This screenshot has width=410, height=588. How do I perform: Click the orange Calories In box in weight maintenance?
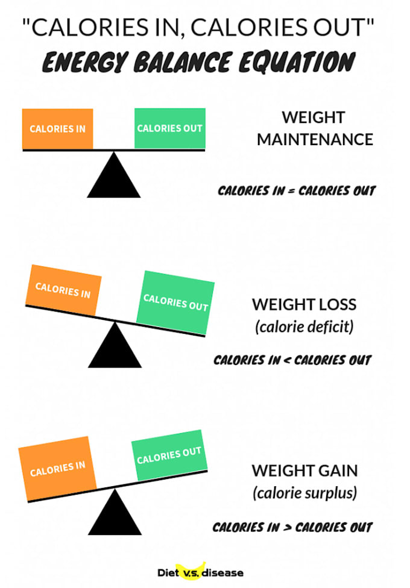pyautogui.click(x=57, y=129)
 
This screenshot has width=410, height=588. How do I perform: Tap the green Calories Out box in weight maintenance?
pyautogui.click(x=169, y=128)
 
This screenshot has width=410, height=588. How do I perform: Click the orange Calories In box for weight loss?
pyautogui.click(x=63, y=290)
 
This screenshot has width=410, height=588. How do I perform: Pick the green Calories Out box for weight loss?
pyautogui.click(x=175, y=302)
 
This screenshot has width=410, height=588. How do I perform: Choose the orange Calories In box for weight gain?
pyautogui.click(x=57, y=468)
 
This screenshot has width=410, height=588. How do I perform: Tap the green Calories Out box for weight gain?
pyautogui.click(x=169, y=455)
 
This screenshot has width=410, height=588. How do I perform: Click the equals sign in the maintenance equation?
pyautogui.click(x=291, y=191)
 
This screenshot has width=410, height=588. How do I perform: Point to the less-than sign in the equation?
pyautogui.click(x=287, y=361)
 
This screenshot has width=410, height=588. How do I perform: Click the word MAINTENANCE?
pyautogui.click(x=315, y=140)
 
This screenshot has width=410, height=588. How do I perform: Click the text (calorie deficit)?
pyautogui.click(x=304, y=327)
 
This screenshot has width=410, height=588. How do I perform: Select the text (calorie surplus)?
pyautogui.click(x=304, y=493)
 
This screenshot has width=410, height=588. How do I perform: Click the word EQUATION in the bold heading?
pyautogui.click(x=297, y=61)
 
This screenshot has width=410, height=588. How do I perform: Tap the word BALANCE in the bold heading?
pyautogui.click(x=181, y=62)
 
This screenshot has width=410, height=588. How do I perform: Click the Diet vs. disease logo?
pyautogui.click(x=200, y=572)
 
